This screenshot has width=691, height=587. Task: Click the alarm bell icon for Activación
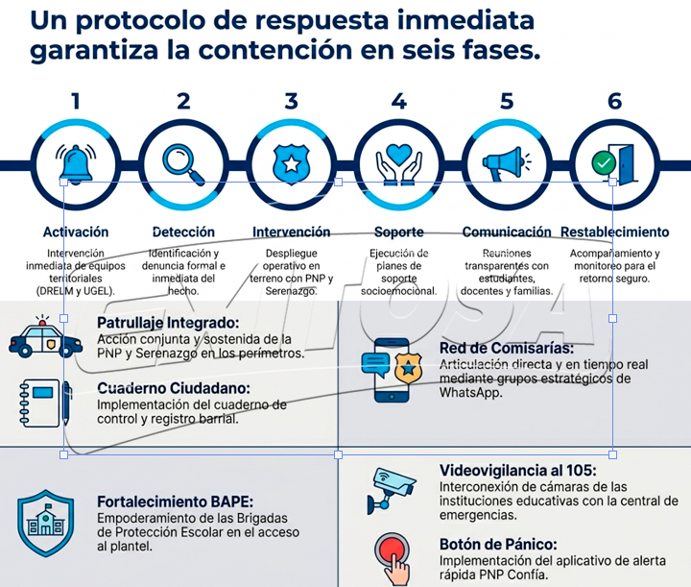click(x=76, y=162)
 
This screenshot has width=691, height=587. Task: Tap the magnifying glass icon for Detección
click(x=183, y=162)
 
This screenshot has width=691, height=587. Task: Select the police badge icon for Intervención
click(x=291, y=162)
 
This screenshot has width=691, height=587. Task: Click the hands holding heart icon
click(x=398, y=163)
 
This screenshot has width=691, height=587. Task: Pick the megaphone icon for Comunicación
click(x=507, y=162)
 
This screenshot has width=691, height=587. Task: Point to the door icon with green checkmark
click(x=614, y=162)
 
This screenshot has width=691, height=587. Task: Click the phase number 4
click(x=398, y=101)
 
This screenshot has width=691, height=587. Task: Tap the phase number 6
click(x=614, y=101)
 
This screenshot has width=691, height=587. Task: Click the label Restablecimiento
click(x=614, y=232)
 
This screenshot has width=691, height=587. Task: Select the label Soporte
click(x=398, y=232)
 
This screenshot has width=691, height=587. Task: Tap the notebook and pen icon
click(x=44, y=404)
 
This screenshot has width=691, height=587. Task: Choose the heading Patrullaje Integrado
click(x=168, y=324)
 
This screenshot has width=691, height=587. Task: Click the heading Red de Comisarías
click(x=507, y=349)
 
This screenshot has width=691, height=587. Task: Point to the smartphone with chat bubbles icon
click(x=392, y=370)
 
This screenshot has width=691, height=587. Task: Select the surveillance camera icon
click(x=392, y=489)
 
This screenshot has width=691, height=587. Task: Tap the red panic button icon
click(x=393, y=556)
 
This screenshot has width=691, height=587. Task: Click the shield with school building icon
click(x=45, y=523)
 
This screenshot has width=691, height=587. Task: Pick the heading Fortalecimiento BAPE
click(x=175, y=501)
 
